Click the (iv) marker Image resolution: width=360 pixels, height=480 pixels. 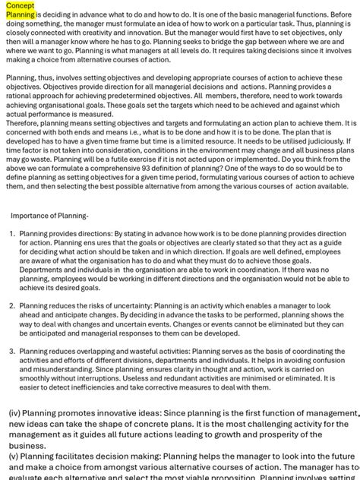17,414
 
